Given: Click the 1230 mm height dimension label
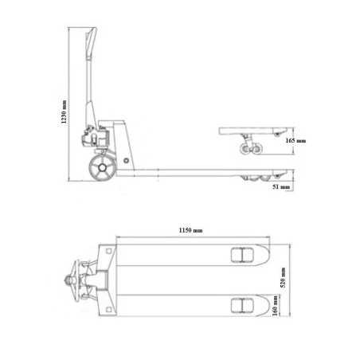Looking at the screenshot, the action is click(x=64, y=112).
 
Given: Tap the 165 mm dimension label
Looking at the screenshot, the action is click(x=295, y=140).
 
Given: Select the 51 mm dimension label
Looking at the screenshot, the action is click(x=281, y=186).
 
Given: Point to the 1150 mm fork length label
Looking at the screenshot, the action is click(x=190, y=230).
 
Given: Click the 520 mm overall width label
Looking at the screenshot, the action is click(x=284, y=277).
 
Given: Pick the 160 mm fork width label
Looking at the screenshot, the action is click(x=276, y=306).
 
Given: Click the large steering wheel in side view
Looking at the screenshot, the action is click(x=102, y=168).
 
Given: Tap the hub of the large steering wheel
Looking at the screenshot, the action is click(x=102, y=168).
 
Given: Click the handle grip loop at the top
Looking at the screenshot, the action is click(x=91, y=42).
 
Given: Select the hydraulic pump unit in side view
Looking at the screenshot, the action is click(x=94, y=137).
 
